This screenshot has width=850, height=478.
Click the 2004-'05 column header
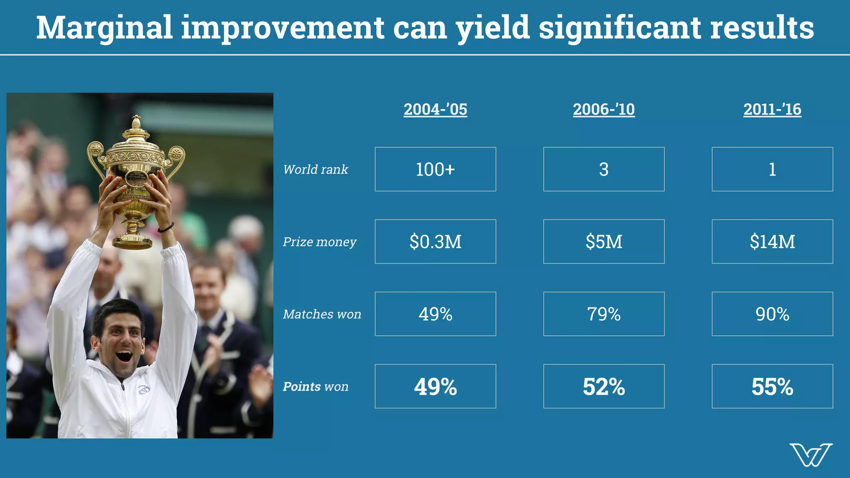pyautogui.click(x=435, y=110)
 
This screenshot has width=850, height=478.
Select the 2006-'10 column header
pyautogui.click(x=604, y=110)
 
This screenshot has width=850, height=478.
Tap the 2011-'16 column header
pyautogui.click(x=772, y=110)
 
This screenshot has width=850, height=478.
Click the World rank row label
pyautogui.click(x=315, y=169)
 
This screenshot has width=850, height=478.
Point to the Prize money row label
pyautogui.click(x=320, y=241)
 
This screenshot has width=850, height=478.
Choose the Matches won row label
pyautogui.click(x=322, y=314)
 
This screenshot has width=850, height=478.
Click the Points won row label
pyautogui.click(x=315, y=386)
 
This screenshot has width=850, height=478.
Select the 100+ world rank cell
pyautogui.click(x=435, y=169)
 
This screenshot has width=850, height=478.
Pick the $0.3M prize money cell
pyautogui.click(x=435, y=241)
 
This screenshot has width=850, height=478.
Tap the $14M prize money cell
pyautogui.click(x=772, y=241)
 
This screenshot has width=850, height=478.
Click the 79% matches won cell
pyautogui.click(x=604, y=314)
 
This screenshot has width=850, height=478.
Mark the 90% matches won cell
pyautogui.click(x=772, y=314)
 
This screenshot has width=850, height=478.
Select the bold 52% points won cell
pyautogui.click(x=604, y=386)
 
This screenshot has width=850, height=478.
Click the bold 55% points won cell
pyautogui.click(x=772, y=386)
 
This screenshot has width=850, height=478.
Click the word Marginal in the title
pyautogui.click(x=104, y=28)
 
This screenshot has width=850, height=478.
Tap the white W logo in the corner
pyautogui.click(x=811, y=455)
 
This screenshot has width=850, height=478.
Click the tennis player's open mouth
pyautogui.click(x=124, y=356)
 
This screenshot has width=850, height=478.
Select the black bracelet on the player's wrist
pyautogui.click(x=166, y=227)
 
